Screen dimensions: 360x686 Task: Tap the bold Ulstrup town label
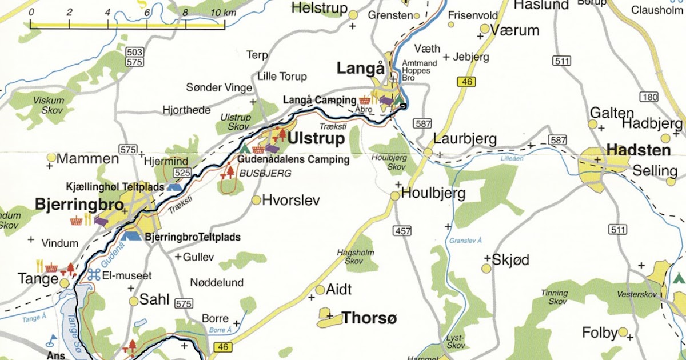pyautogui.click(x=316, y=139)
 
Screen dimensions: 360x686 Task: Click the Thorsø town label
pyautogui.click(x=369, y=318)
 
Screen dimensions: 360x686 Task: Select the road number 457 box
pyautogui.click(x=402, y=230)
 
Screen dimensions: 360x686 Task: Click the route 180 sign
pyautogui.click(x=650, y=97)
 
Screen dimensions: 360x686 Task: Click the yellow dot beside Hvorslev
pyautogui.click(x=256, y=200)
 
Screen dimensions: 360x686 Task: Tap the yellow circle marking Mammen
pyautogui.click(x=51, y=157)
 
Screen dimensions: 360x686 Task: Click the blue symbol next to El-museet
pyautogui.click(x=94, y=275)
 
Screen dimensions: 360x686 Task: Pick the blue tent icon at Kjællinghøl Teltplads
pyautogui.click(x=174, y=186)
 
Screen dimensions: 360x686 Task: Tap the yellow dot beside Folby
pyautogui.click(x=623, y=331)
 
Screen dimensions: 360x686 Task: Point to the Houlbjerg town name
pyautogui.click(x=433, y=193)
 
